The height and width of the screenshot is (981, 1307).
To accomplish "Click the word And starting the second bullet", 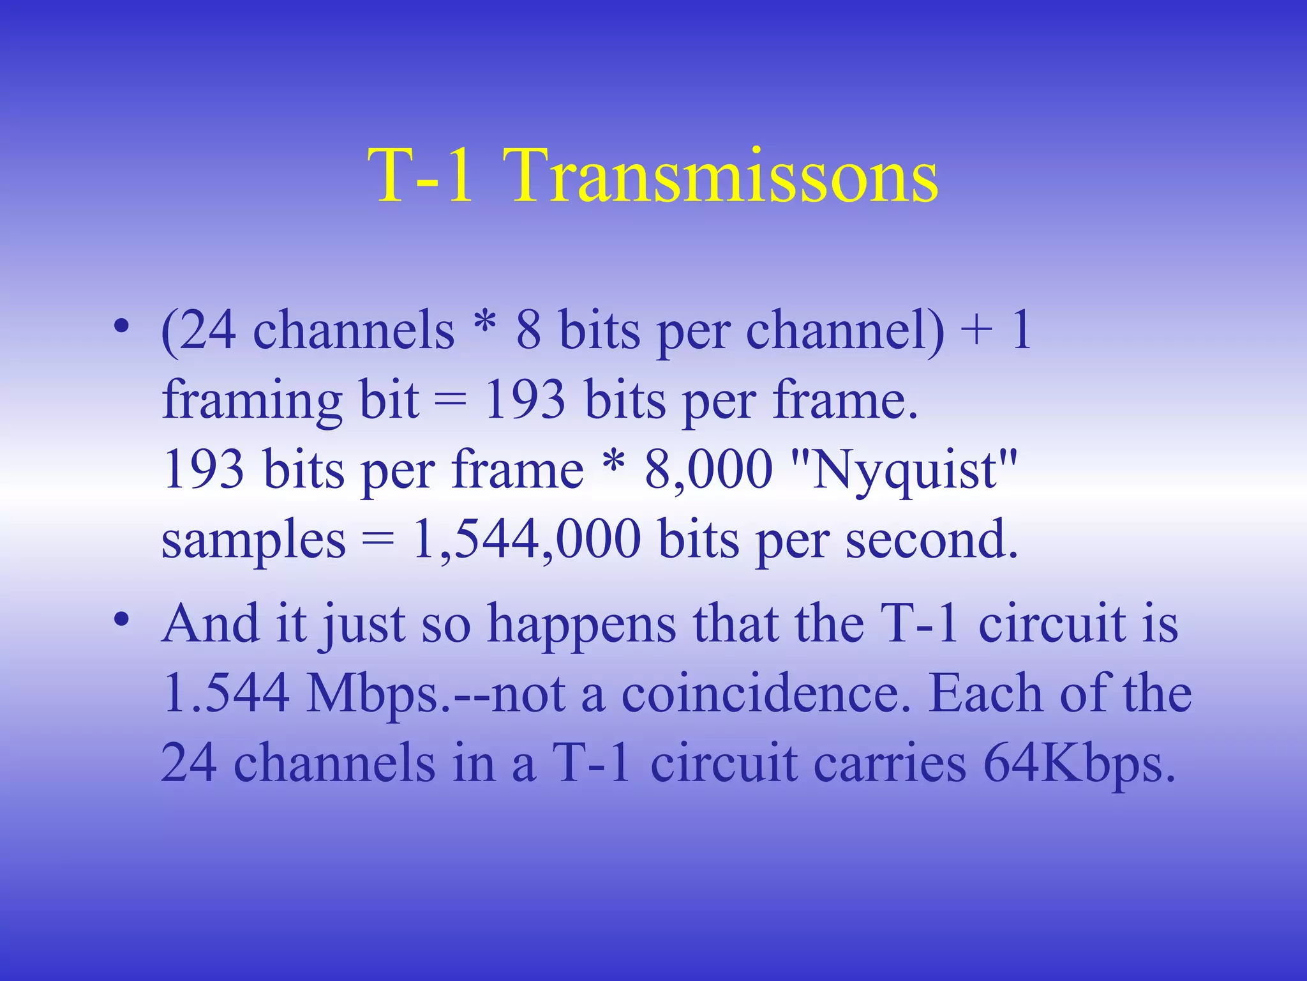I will (210, 623).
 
